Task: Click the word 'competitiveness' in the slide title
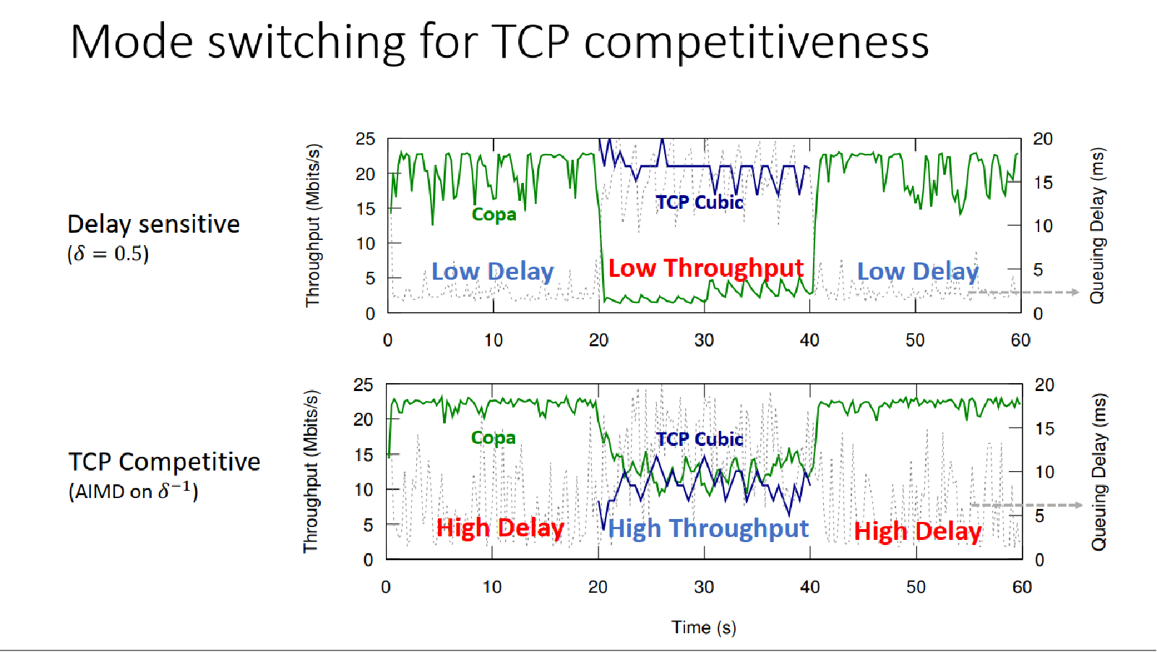[x=756, y=42]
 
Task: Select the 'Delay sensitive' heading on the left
[x=153, y=224]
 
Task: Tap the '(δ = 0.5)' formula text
[x=108, y=254]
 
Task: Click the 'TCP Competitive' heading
[x=164, y=461]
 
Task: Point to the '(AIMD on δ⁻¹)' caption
[x=133, y=491]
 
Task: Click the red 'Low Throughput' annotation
[x=705, y=268]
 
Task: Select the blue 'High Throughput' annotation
[x=707, y=528]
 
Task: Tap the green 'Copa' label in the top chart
[x=494, y=215]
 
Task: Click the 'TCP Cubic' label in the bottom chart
[x=699, y=439]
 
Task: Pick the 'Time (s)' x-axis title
[x=703, y=627]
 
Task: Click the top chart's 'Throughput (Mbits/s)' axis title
[x=312, y=226]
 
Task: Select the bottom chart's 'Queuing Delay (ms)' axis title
[x=1098, y=471]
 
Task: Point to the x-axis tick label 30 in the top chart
[x=704, y=340]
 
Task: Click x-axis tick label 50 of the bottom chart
[x=916, y=587]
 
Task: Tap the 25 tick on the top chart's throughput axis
[x=365, y=139]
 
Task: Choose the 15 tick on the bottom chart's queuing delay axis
[x=1044, y=429]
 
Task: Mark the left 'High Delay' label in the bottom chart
[x=499, y=528]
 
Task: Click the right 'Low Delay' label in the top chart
[x=917, y=271]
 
